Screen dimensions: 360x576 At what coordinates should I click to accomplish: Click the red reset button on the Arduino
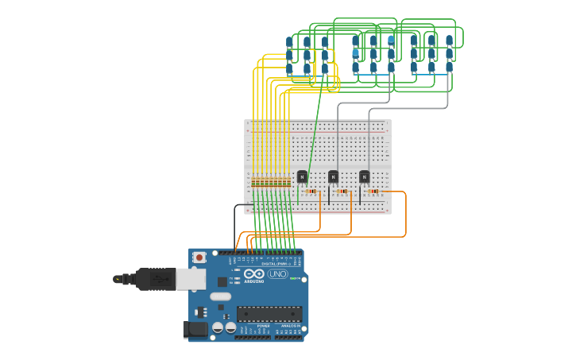click(199, 257)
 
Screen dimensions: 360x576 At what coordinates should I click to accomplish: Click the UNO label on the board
click(277, 274)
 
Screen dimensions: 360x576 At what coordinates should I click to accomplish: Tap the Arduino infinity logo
click(254, 274)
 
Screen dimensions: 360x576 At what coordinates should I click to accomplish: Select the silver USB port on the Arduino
click(190, 278)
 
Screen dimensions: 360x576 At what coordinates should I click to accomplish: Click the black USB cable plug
click(155, 279)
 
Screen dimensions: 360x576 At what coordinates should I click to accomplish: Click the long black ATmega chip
click(269, 314)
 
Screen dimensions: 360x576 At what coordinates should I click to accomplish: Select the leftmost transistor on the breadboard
click(302, 176)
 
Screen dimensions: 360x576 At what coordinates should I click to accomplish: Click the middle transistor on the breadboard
click(333, 176)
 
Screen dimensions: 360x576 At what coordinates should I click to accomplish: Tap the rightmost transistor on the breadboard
click(364, 176)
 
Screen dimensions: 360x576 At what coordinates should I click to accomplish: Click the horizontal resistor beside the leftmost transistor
click(311, 192)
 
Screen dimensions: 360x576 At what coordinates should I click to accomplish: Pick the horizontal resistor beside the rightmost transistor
click(373, 192)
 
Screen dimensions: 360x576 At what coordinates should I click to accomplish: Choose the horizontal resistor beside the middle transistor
click(342, 192)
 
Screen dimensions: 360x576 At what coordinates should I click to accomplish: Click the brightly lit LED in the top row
click(391, 39)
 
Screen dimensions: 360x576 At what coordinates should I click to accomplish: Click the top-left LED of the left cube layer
click(290, 41)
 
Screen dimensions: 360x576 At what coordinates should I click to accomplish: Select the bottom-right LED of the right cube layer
click(449, 68)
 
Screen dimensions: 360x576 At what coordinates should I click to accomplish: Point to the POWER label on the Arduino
click(263, 326)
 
